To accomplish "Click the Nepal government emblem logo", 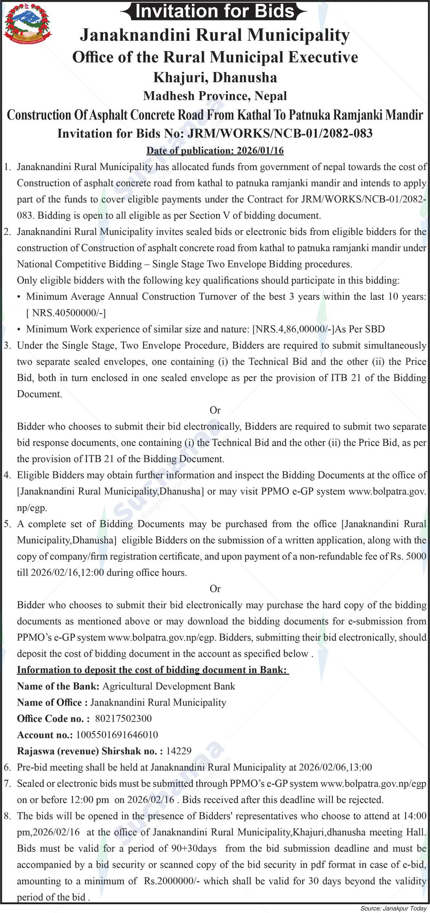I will click(28, 24).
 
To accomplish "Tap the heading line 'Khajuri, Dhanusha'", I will click(215, 77).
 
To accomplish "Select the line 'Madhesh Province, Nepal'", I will click(215, 96).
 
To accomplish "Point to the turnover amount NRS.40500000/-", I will click(68, 313).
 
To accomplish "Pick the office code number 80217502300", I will click(123, 718).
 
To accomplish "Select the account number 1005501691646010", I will click(117, 735).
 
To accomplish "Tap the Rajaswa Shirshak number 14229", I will click(179, 751).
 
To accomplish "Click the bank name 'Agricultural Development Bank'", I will click(169, 686).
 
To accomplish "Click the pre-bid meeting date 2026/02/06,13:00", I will click(335, 767).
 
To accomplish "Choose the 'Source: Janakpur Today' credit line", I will click(393, 908).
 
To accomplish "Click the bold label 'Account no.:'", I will click(45, 735).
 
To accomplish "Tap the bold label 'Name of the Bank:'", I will click(58, 686).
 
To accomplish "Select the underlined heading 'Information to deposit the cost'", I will click(153, 670).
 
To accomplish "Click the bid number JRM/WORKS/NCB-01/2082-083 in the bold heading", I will click(280, 133).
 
